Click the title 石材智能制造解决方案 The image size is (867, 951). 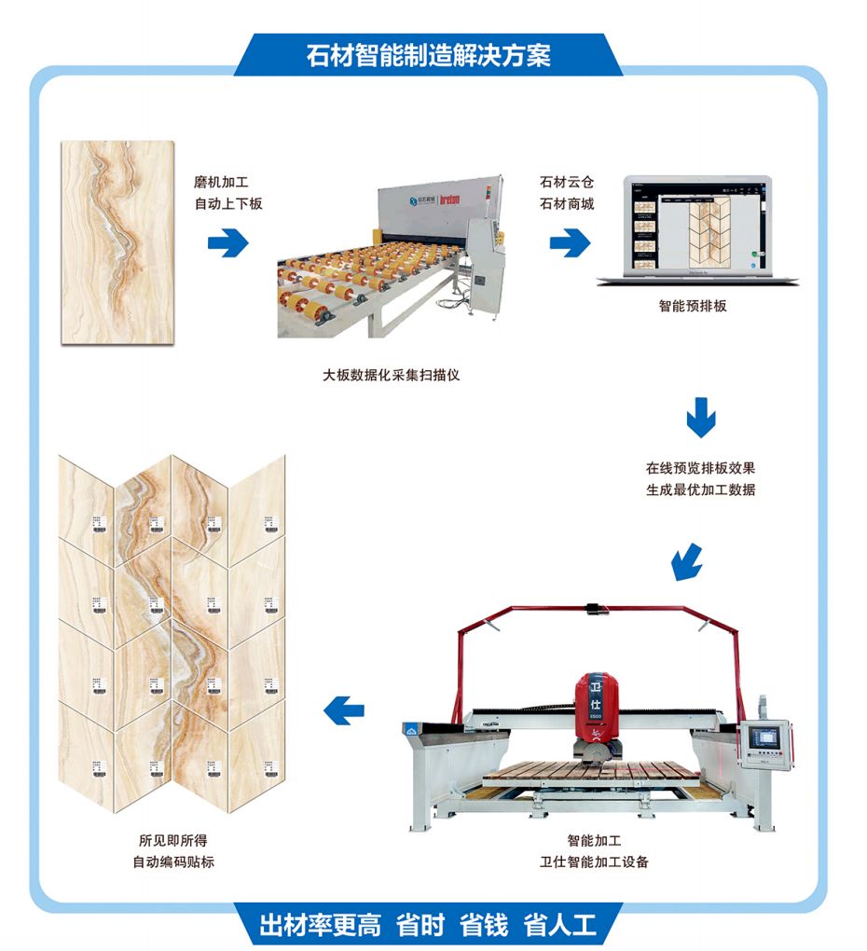point(428,55)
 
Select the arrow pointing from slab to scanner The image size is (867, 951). point(227,243)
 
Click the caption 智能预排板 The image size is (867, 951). point(692,305)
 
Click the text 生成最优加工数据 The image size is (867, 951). point(700,489)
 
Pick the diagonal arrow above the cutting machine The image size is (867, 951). point(687,559)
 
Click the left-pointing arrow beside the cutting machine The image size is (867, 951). point(343,711)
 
